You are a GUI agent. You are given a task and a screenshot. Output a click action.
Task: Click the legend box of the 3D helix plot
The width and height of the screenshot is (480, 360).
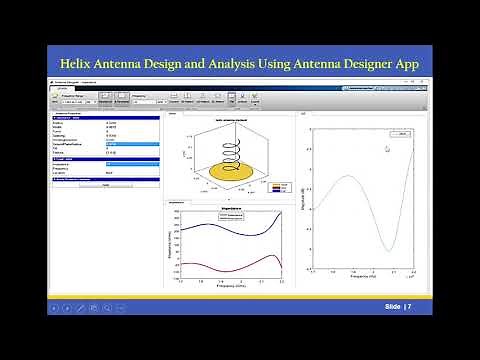[x=278, y=186]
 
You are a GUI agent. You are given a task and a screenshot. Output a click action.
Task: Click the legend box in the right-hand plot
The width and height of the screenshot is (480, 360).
[x=401, y=133]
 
